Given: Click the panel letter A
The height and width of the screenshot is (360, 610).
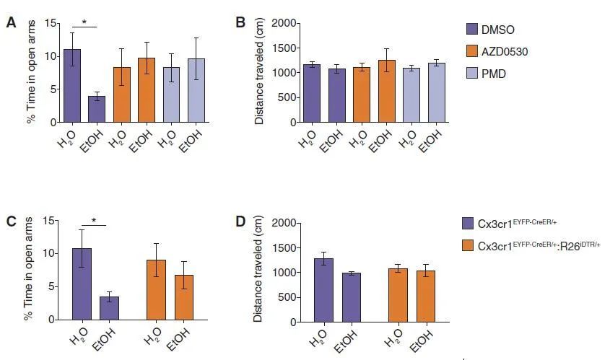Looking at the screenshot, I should point(11,22).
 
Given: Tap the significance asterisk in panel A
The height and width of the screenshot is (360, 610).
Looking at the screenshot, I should point(84,22).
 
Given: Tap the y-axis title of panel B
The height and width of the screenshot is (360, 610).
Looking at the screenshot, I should point(259,72).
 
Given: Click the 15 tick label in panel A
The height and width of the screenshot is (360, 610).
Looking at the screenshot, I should point(50,24).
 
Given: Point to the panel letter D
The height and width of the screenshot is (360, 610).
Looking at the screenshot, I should point(240,220).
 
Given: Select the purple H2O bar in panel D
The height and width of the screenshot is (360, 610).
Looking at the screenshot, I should point(323,289).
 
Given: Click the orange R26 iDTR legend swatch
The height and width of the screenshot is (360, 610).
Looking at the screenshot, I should point(470,246).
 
